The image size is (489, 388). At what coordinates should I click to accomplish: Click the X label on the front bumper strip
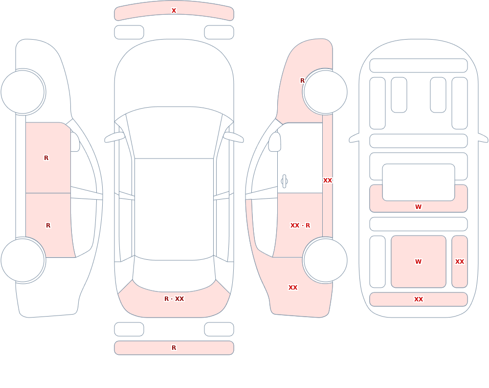tap(174, 11)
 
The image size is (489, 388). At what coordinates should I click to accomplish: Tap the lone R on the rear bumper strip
tap(174, 348)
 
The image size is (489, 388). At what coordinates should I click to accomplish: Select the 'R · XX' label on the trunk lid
tap(174, 299)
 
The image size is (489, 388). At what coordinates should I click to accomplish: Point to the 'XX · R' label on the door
tap(300, 226)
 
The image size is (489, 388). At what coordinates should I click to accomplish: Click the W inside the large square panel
tap(418, 262)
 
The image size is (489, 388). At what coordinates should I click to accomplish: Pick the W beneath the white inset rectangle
tap(418, 206)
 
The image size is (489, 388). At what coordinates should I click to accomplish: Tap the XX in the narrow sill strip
tap(328, 181)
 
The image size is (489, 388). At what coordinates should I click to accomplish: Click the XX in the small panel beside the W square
tap(459, 262)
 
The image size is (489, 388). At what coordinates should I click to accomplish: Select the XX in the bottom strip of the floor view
tap(418, 299)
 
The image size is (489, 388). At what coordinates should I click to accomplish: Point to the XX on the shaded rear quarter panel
tap(292, 288)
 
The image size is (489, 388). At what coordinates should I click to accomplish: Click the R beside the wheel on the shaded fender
tap(302, 81)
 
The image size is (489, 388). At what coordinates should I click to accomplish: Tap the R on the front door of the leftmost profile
tap(46, 158)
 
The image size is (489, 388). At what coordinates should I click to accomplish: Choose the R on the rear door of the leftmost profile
tap(48, 226)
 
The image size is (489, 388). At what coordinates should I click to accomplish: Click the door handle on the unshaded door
tap(284, 182)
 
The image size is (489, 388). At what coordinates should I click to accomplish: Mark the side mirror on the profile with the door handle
tap(274, 142)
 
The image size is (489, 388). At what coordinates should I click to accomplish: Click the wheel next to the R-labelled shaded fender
tap(325, 92)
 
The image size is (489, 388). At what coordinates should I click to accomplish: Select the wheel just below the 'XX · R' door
tap(325, 260)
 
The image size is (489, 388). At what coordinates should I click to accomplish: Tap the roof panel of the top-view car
tap(174, 209)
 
